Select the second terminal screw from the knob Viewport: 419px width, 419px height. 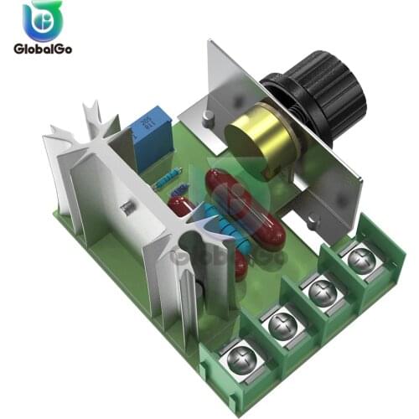[x=322, y=292]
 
